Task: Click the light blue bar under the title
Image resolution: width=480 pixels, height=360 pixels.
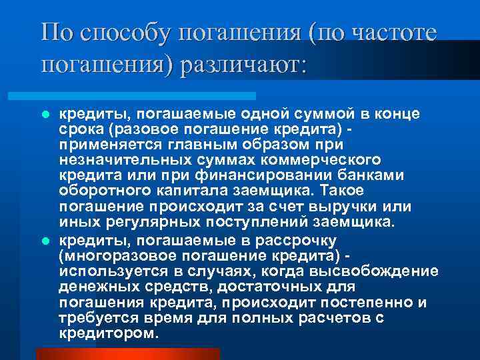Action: tap(147, 96)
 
